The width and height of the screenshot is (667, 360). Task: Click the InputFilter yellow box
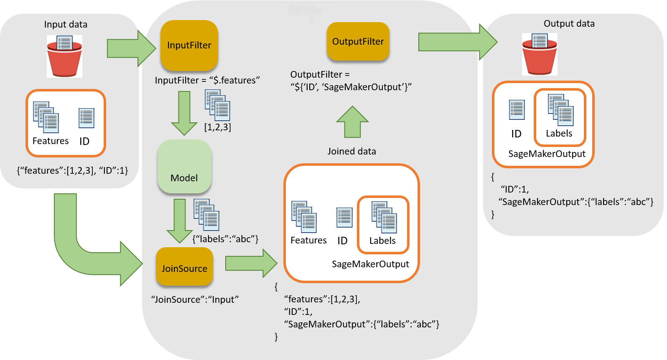point(189,45)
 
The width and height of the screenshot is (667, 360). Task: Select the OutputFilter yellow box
point(358,41)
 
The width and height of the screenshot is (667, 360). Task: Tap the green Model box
point(184,167)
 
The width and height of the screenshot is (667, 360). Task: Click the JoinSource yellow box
point(184,267)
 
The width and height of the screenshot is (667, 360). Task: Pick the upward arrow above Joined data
point(352,122)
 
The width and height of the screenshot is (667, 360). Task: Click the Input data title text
point(66,25)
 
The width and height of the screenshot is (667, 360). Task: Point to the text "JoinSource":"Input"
point(195,299)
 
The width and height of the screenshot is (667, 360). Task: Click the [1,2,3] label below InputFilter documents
point(217,127)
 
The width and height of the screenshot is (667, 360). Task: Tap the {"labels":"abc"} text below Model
point(225,239)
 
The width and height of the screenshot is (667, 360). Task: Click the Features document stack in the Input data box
point(46,117)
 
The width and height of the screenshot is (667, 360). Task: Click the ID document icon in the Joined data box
point(344,218)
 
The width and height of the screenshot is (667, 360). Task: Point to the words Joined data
point(351,151)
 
